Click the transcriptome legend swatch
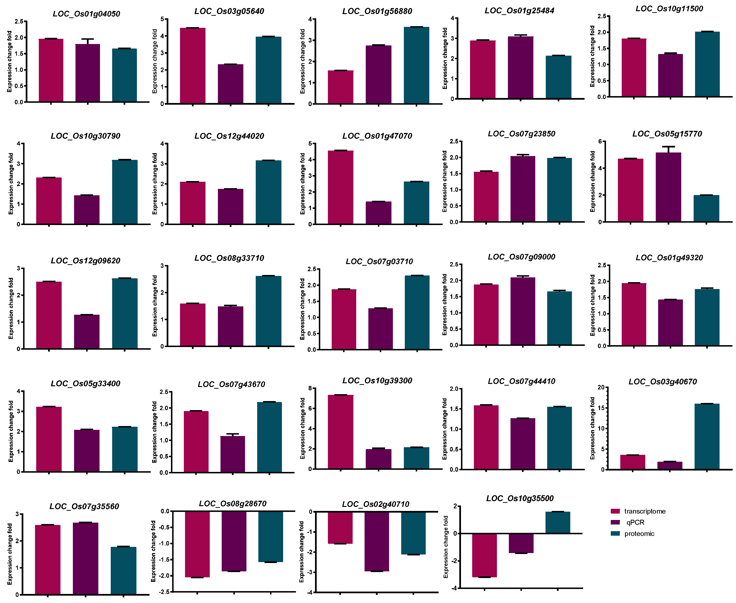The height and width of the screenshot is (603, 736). click(615, 511)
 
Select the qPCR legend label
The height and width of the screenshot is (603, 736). click(635, 522)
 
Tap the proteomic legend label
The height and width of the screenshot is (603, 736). click(639, 534)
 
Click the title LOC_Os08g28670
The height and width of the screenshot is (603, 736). click(233, 504)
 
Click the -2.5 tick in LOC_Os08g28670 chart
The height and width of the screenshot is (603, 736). click(165, 592)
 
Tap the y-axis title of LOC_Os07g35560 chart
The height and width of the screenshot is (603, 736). click(10, 554)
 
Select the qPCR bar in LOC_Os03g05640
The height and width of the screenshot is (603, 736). click(230, 84)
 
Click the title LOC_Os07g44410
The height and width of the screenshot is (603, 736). click(521, 381)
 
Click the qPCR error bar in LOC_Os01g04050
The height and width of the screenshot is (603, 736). click(88, 41)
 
